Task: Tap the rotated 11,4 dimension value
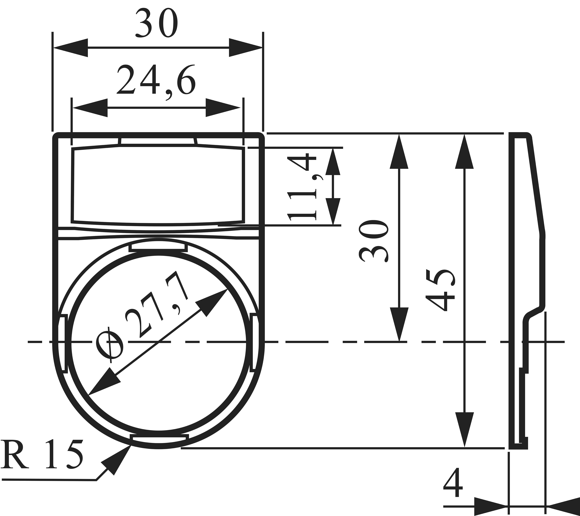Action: tap(302, 187)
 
